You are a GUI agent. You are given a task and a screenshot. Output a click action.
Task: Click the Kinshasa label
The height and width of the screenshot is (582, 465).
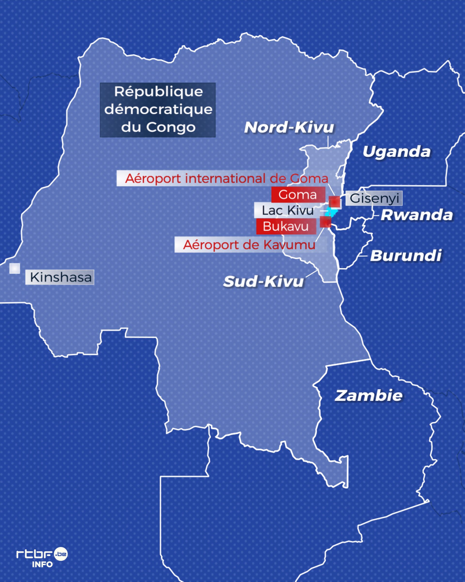[60, 277]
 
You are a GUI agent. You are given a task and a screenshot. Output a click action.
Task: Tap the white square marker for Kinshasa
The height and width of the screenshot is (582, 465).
[15, 268]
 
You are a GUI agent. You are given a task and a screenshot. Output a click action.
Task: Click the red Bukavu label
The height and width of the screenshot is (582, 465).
[286, 226]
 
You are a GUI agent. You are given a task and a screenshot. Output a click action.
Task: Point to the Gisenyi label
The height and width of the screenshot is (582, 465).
[374, 198]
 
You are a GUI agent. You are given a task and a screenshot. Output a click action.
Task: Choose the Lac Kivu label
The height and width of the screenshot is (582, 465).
[288, 210]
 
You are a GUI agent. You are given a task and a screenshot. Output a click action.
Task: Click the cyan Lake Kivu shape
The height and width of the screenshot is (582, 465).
[331, 212]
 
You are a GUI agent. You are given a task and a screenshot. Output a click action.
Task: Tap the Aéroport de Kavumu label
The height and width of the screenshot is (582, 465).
[249, 245]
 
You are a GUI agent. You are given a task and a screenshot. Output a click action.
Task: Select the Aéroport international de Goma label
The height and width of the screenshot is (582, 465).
[226, 178]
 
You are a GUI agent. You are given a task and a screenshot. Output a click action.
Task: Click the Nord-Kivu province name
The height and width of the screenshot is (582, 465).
[289, 127]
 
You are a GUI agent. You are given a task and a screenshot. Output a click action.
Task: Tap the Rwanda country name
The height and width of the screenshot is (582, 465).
[417, 215]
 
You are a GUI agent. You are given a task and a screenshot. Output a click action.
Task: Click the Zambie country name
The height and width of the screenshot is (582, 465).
[369, 396]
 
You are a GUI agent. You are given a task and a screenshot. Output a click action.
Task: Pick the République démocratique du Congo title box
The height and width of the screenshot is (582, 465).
[158, 110]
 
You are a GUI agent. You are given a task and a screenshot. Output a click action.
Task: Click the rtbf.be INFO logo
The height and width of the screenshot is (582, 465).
[42, 557]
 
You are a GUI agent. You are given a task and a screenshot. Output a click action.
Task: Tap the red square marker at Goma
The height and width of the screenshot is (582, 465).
[334, 202]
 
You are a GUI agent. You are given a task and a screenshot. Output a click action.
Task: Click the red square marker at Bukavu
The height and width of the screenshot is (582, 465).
[325, 222]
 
